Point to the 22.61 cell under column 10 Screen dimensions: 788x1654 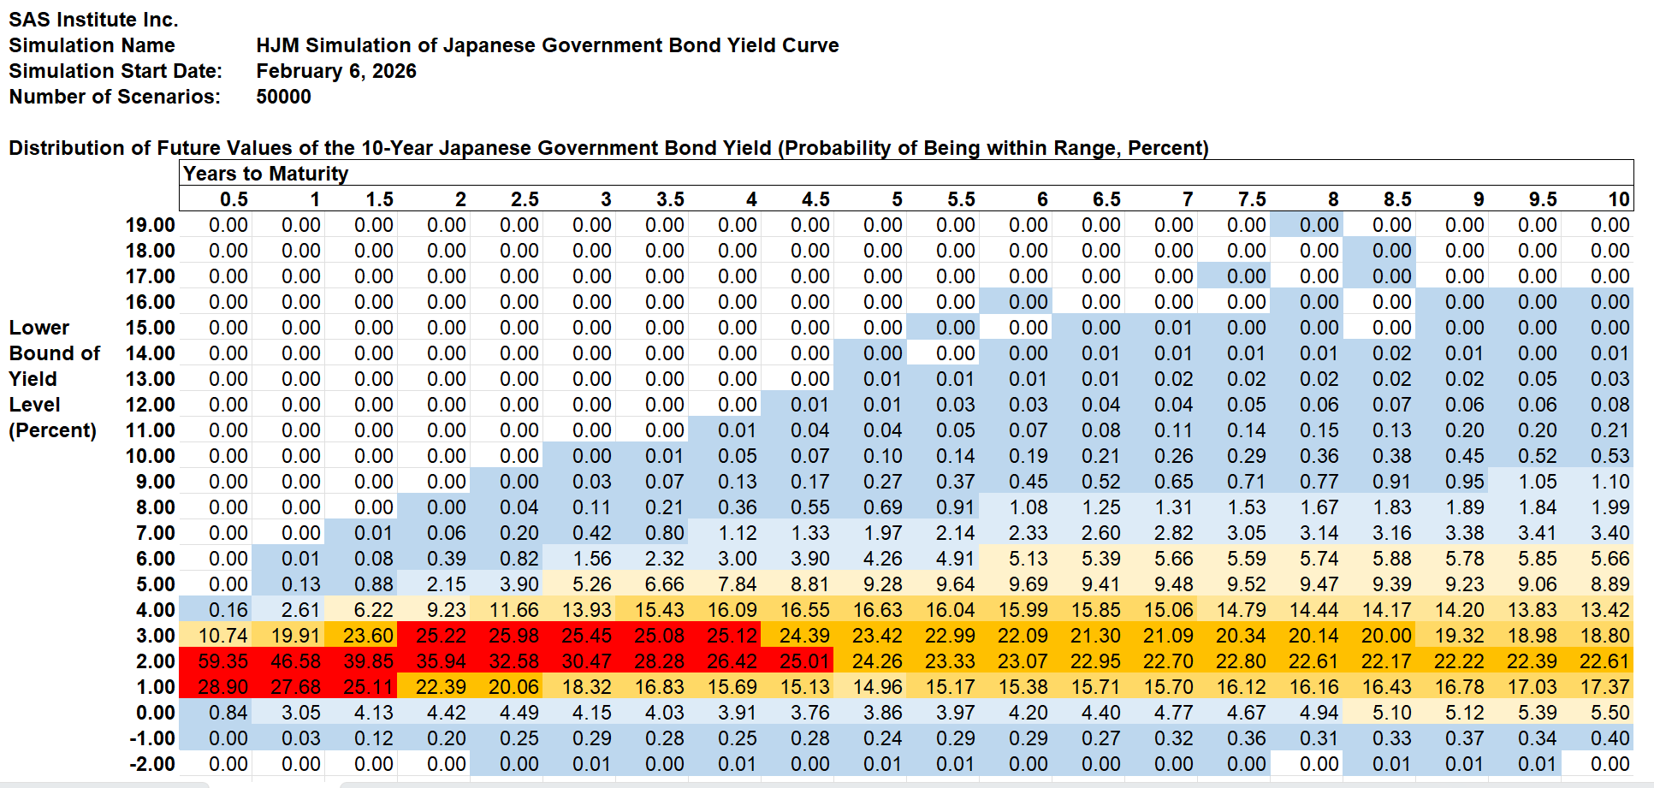click(x=1604, y=661)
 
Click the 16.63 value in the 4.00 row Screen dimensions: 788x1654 click(x=877, y=610)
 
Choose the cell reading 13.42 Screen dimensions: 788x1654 click(x=1604, y=610)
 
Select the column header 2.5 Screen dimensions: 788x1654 click(x=525, y=199)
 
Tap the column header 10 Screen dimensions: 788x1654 click(x=1618, y=199)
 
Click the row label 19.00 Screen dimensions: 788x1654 click(x=150, y=225)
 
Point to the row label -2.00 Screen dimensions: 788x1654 click(x=151, y=764)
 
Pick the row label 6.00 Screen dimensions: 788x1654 click(x=155, y=559)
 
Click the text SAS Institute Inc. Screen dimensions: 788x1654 click(x=93, y=20)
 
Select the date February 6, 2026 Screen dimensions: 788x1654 click(x=336, y=71)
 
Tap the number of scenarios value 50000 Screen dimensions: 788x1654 click(x=283, y=97)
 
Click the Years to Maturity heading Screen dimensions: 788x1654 click(x=266, y=174)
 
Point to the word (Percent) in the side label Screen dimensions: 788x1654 click(x=52, y=430)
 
